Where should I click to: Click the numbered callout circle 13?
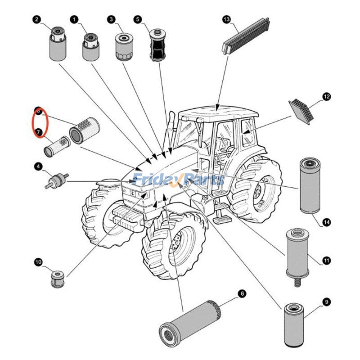(226, 19)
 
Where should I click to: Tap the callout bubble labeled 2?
(36, 19)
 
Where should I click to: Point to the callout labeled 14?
(326, 222)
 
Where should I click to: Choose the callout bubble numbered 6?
(242, 294)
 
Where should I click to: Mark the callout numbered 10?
(38, 261)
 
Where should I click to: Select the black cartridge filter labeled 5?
(157, 46)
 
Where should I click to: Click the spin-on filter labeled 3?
(122, 46)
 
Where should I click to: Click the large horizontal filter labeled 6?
(189, 323)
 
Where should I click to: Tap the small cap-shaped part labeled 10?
(57, 279)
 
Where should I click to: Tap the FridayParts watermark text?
(180, 180)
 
